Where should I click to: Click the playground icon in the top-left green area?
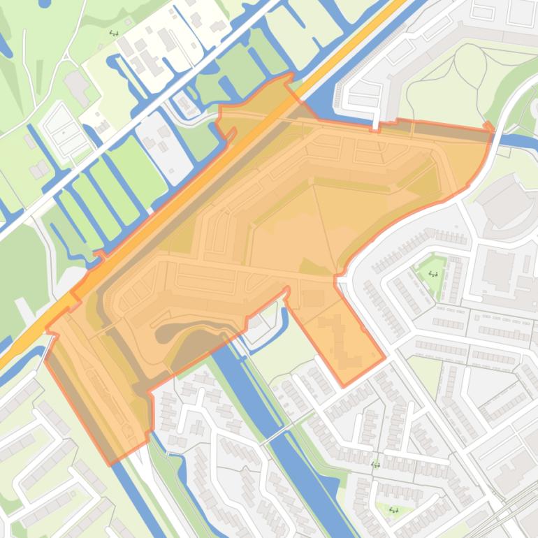pos(114,33)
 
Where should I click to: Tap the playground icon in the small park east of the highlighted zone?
pos(432,274)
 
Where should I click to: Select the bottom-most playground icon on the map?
pos(393,510)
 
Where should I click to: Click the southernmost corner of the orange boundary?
pos(108,463)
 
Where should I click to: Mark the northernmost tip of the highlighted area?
pos(290,74)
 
